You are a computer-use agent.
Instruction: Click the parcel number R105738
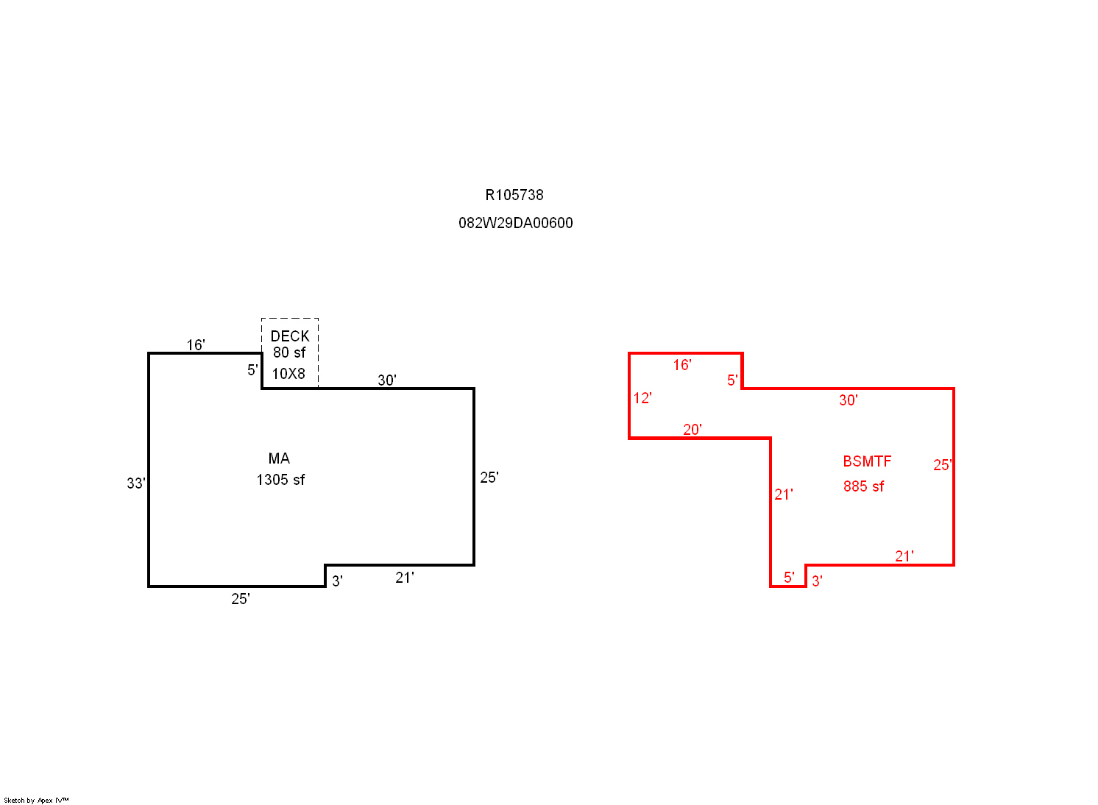[514, 195]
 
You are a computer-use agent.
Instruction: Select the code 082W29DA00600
[516, 223]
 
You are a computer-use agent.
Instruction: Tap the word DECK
[290, 336]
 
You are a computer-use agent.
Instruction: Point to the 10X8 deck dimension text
[288, 374]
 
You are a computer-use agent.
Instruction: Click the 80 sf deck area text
[289, 352]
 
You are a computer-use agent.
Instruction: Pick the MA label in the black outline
[279, 458]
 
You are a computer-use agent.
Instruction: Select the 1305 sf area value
[280, 480]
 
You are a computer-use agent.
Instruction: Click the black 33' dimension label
[136, 483]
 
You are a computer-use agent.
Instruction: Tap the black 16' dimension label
[196, 345]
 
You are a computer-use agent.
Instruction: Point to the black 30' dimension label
[387, 380]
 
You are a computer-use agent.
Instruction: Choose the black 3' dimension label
[337, 581]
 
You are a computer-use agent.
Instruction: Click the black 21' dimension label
[405, 578]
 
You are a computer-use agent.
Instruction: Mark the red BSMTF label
[867, 461]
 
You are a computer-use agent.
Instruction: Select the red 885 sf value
[864, 486]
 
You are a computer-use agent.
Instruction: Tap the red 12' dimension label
[642, 398]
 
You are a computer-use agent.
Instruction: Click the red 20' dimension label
[692, 430]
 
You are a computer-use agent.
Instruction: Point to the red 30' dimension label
[848, 400]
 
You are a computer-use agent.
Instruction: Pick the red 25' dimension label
[942, 465]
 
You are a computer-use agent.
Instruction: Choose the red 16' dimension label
[682, 365]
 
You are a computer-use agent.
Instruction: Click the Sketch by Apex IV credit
[36, 801]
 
